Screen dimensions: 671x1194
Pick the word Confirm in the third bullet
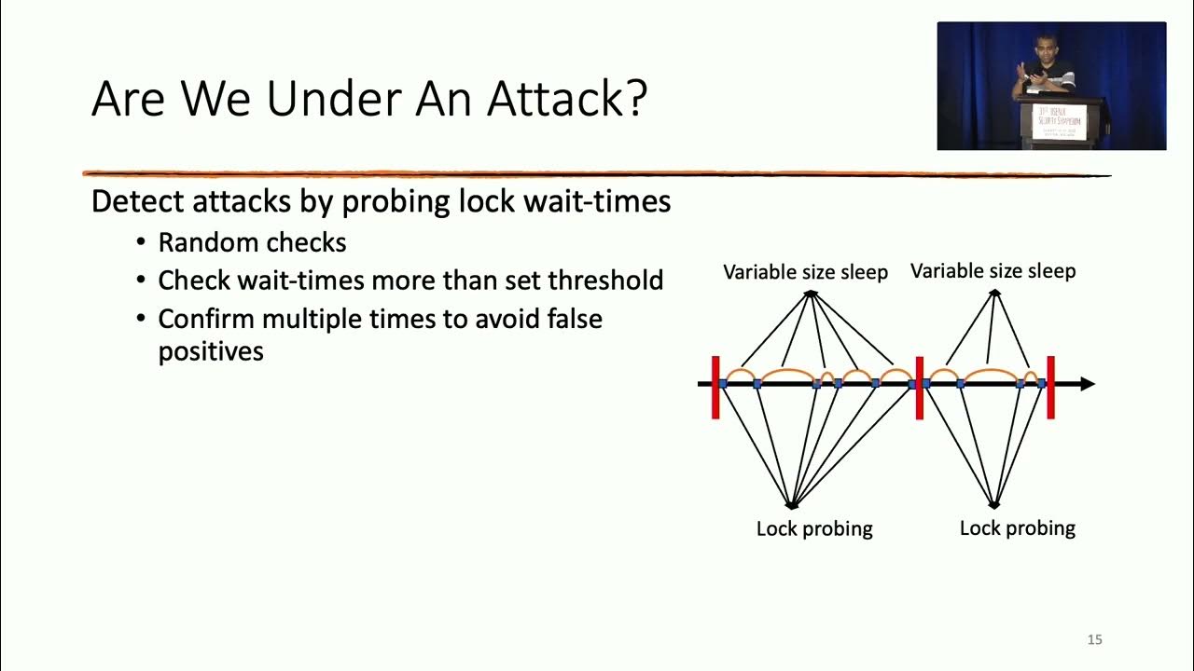(206, 319)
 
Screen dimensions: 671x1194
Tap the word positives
(211, 351)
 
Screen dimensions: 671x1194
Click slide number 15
(1095, 639)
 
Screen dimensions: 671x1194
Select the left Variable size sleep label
(805, 272)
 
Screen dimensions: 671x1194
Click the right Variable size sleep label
(993, 271)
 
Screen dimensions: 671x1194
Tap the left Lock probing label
(814, 528)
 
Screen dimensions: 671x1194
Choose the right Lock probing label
(1017, 528)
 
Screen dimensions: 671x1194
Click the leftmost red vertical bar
(715, 387)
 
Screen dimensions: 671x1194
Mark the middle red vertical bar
(919, 387)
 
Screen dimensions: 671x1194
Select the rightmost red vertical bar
(1050, 387)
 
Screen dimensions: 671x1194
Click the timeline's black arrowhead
(1087, 384)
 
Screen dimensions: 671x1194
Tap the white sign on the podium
(1064, 121)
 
